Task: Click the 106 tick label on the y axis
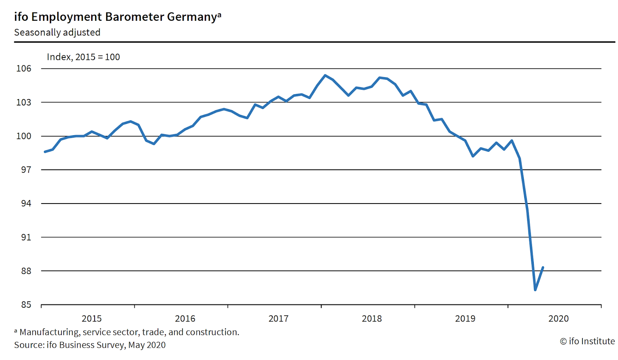pyautogui.click(x=24, y=69)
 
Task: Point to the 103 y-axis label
pyautogui.click(x=24, y=102)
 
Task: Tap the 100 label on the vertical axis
pyautogui.click(x=24, y=136)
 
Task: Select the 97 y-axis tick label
pyautogui.click(x=26, y=170)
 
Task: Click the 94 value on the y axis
pyautogui.click(x=26, y=203)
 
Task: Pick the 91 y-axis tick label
pyautogui.click(x=26, y=237)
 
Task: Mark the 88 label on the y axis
pyautogui.click(x=26, y=271)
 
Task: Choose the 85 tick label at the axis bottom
pyautogui.click(x=26, y=305)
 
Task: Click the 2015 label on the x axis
pyautogui.click(x=92, y=319)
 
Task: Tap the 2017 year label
pyautogui.click(x=278, y=319)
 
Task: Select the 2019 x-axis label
pyautogui.click(x=465, y=319)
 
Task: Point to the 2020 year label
pyautogui.click(x=559, y=319)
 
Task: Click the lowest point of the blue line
pyautogui.click(x=535, y=290)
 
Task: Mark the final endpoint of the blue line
pyautogui.click(x=543, y=267)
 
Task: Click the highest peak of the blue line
pyautogui.click(x=325, y=75)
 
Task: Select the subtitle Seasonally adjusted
pyautogui.click(x=57, y=32)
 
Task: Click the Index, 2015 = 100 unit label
pyautogui.click(x=83, y=57)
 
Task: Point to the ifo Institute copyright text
pyautogui.click(x=587, y=341)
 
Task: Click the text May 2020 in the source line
pyautogui.click(x=147, y=345)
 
